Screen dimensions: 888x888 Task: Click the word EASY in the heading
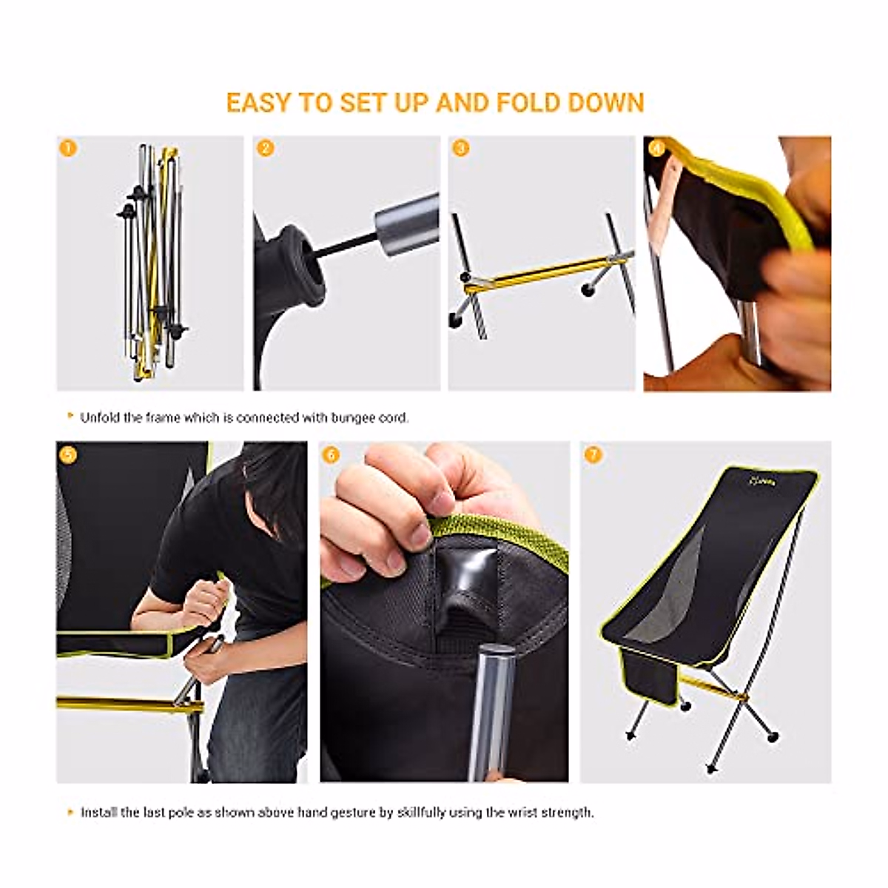pyautogui.click(x=258, y=103)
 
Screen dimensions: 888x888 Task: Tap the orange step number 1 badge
pyautogui.click(x=68, y=148)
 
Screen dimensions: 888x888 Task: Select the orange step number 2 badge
pyautogui.click(x=265, y=148)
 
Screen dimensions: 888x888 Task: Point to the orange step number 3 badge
pyautogui.click(x=460, y=148)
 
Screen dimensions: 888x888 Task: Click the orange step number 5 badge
pyautogui.click(x=68, y=454)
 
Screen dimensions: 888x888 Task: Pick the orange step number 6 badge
pyautogui.click(x=332, y=454)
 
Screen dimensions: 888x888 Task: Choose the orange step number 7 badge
pyautogui.click(x=592, y=454)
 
